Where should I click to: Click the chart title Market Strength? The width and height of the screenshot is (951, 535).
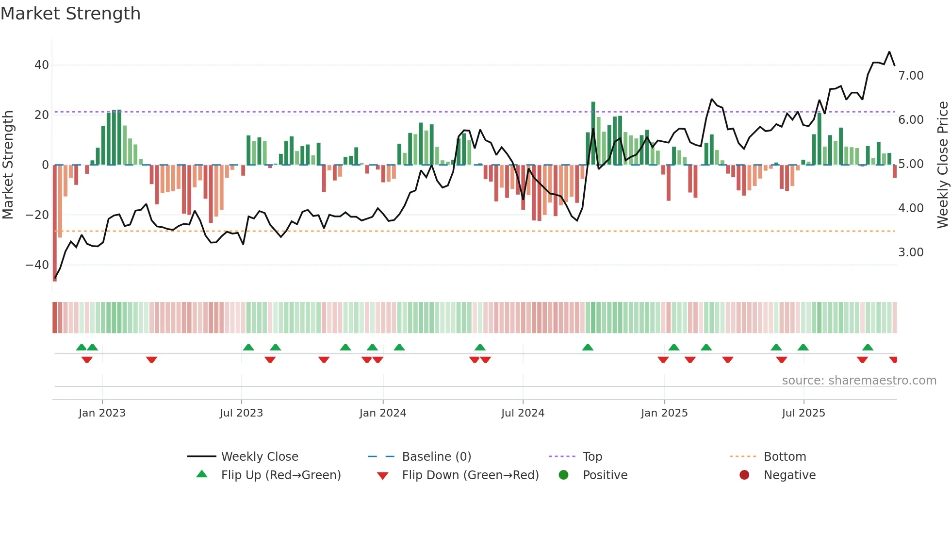tap(70, 14)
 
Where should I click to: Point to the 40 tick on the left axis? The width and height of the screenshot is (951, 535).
tap(42, 65)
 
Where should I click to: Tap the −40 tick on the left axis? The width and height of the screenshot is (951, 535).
tap(37, 265)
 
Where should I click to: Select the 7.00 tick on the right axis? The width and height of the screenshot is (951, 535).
tap(911, 76)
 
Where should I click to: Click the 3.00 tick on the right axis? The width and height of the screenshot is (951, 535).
tap(911, 252)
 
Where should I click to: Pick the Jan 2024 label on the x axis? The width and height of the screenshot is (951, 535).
tap(382, 413)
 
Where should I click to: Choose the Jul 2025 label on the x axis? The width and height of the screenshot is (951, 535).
tap(803, 413)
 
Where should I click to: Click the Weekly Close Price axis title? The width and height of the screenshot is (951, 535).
tap(942, 165)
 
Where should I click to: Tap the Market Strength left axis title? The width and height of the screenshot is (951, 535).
tap(8, 165)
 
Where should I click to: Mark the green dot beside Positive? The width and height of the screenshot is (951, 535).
tap(563, 475)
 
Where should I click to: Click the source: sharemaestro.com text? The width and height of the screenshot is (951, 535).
tap(859, 381)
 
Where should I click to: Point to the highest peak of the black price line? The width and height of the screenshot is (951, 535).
tap(889, 52)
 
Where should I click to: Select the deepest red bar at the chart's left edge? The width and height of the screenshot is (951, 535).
tap(55, 223)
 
